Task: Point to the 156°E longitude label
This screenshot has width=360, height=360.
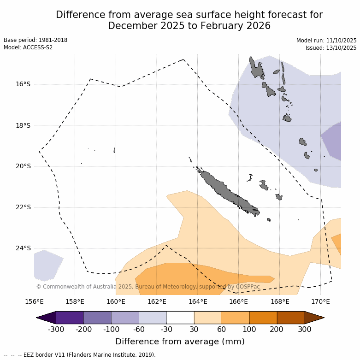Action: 34,302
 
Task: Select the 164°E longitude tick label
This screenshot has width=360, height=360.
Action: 197,302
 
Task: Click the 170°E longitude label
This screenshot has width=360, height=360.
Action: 320,302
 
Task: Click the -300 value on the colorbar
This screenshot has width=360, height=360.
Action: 56,329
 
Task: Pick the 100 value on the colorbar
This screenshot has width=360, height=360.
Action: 249,329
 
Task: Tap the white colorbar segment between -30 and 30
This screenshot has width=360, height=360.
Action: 180,318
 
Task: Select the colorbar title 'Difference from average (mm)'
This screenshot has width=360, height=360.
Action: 180,342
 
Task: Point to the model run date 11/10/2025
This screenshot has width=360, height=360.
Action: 341,41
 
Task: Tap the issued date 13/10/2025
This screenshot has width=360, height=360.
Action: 341,48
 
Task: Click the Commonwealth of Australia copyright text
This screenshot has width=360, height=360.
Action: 148,287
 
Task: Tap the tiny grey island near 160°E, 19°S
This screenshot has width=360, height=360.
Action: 114,150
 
